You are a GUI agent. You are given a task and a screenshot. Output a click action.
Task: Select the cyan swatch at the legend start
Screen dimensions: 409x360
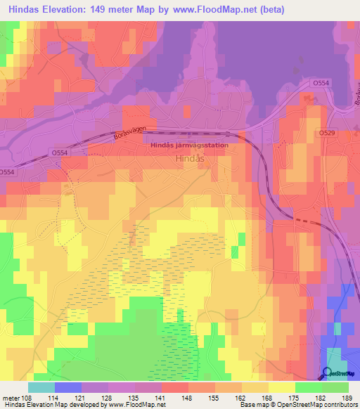(x=41, y=387)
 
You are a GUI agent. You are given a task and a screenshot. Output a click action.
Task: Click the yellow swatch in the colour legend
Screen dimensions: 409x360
(x=281, y=387)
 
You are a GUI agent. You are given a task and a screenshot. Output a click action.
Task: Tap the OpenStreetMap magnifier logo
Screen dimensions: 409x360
(x=327, y=373)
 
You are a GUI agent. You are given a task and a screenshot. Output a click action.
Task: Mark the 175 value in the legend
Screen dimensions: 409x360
(x=292, y=397)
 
